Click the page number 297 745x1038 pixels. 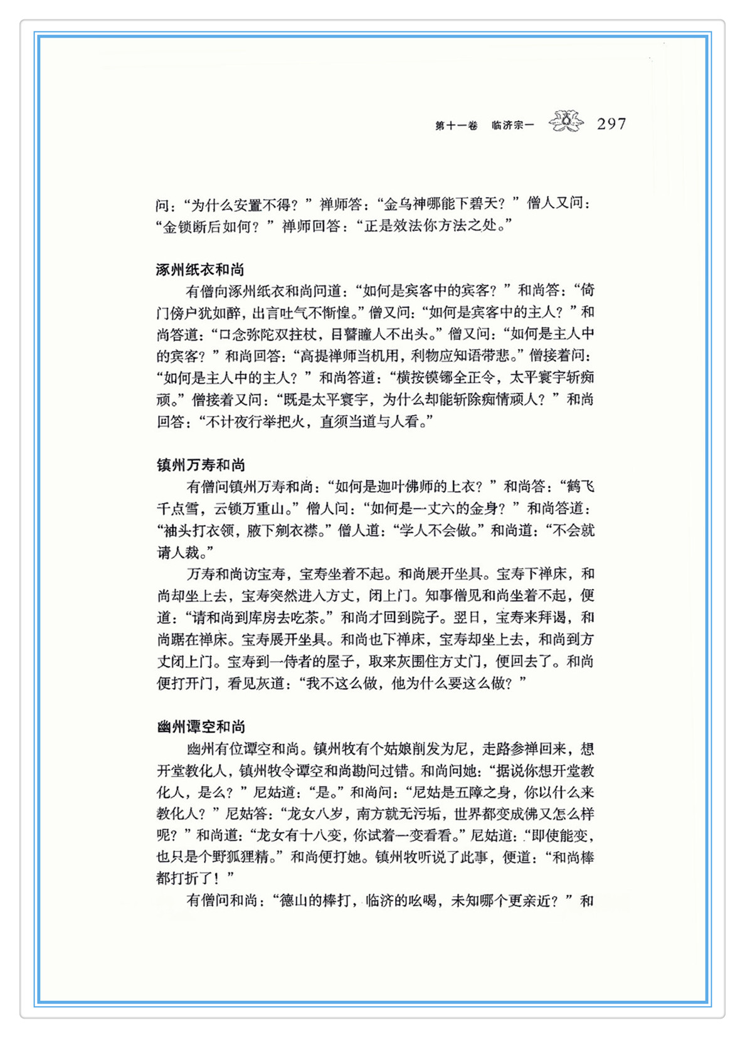[x=611, y=124]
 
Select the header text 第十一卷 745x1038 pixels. [x=456, y=125]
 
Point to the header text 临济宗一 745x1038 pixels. [x=512, y=125]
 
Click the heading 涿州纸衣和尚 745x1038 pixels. [x=200, y=270]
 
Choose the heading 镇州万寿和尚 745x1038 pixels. [x=201, y=465]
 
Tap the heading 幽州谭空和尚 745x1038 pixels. [x=201, y=726]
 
